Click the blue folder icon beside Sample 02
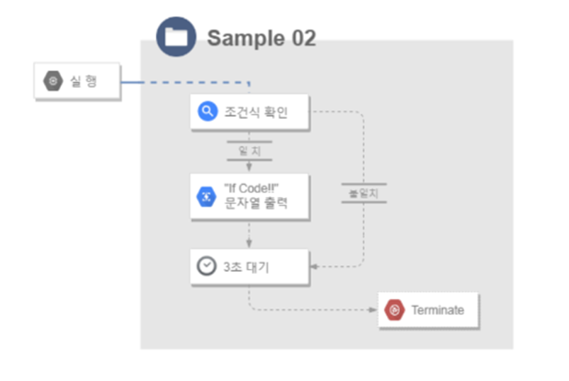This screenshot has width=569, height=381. tap(176, 37)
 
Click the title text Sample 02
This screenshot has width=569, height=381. tap(261, 38)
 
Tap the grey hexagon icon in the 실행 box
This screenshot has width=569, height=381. tap(52, 82)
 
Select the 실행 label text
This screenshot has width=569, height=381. tap(83, 82)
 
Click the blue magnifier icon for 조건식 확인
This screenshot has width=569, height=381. tap(207, 111)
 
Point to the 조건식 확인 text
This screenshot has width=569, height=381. tap(256, 112)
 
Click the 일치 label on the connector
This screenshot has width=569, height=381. tap(249, 150)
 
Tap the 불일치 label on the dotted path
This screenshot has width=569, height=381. tap(364, 193)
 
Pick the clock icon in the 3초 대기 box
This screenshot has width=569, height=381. tap(206, 266)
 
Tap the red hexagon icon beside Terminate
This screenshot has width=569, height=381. tap(394, 310)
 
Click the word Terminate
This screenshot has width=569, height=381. tap(437, 310)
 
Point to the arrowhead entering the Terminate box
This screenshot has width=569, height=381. tap(373, 310)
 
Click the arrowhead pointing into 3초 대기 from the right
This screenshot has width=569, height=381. tap(315, 267)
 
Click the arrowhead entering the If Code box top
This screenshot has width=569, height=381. tap(249, 169)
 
